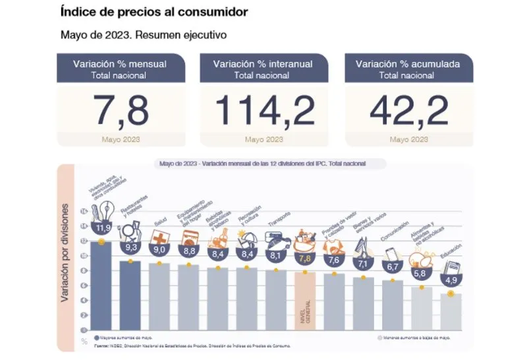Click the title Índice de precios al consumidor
click(x=155, y=12)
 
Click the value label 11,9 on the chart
click(x=102, y=229)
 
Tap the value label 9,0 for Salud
click(x=158, y=250)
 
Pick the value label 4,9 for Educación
click(x=451, y=280)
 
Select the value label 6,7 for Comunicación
click(x=393, y=266)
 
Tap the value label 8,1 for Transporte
click(x=276, y=255)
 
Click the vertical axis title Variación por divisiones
click(x=67, y=253)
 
